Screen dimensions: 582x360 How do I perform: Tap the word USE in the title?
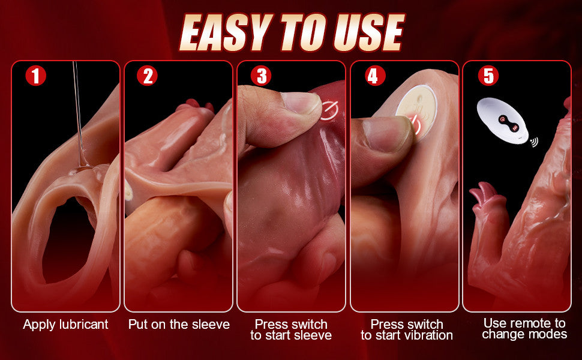[367, 33]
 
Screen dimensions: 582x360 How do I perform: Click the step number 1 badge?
[35, 76]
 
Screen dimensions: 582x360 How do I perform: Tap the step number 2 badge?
[148, 76]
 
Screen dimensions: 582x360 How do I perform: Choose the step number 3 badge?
[261, 76]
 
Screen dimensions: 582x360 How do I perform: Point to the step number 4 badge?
[375, 76]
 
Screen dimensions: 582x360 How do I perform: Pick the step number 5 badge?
[488, 76]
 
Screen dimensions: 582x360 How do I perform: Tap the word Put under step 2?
[137, 325]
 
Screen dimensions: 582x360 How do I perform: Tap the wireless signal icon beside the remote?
[534, 142]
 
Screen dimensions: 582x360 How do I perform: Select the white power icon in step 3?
[328, 110]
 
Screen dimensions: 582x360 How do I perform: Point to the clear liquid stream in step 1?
[79, 115]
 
